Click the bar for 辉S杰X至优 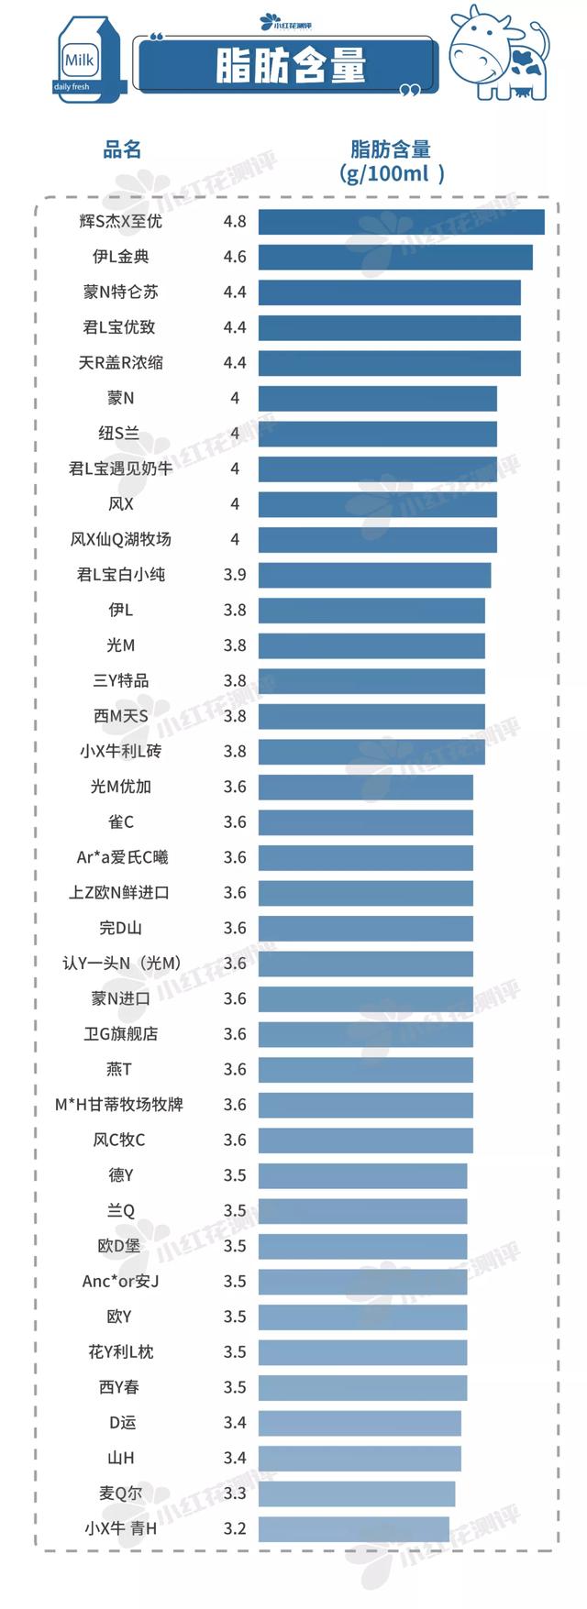pos(401,222)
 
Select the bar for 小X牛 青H pos(354,1528)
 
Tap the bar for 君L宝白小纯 pos(374,575)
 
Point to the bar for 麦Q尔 pos(357,1493)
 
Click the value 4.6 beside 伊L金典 pos(235,257)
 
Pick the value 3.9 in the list pos(235,575)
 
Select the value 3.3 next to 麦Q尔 pos(235,1493)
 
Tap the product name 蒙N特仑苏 pos(120,292)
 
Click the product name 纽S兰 pos(120,434)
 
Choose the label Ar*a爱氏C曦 pos(122,858)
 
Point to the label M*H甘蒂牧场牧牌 pos(119,1105)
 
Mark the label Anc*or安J pos(120,1282)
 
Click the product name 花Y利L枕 pos(120,1352)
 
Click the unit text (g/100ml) pos(392,173)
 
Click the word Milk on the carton pos(80,61)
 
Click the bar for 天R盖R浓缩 pos(389,363)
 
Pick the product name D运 pos(122,1423)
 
